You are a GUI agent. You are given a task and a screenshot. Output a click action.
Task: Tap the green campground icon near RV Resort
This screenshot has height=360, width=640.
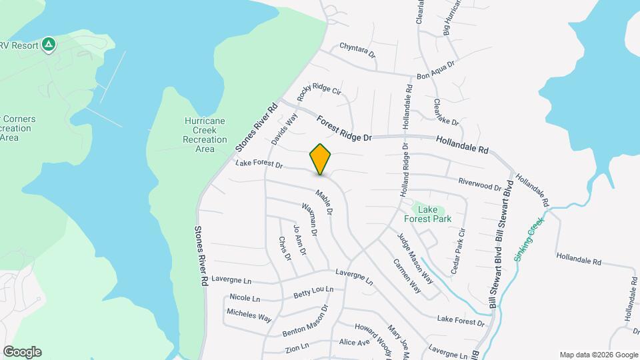[x=48, y=45]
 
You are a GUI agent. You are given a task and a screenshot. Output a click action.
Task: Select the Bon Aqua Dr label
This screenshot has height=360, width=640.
[x=435, y=71]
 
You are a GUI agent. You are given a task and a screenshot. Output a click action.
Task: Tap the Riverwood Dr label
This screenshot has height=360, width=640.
[x=480, y=184]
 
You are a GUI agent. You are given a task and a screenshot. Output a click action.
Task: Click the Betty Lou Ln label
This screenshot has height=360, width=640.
[x=313, y=292]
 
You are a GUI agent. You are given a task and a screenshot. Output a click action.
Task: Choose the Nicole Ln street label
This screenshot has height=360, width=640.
[x=245, y=297]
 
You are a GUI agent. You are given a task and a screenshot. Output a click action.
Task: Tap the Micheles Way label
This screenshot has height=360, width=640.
[x=249, y=315]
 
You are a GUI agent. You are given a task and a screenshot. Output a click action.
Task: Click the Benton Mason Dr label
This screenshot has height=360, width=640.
[x=306, y=321]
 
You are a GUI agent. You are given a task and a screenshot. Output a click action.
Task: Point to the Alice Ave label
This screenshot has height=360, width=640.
[x=354, y=343]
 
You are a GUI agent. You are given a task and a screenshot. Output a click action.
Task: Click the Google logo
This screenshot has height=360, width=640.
[x=22, y=352]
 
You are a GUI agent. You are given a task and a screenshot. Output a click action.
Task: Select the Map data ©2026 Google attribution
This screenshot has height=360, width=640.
[x=598, y=355]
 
